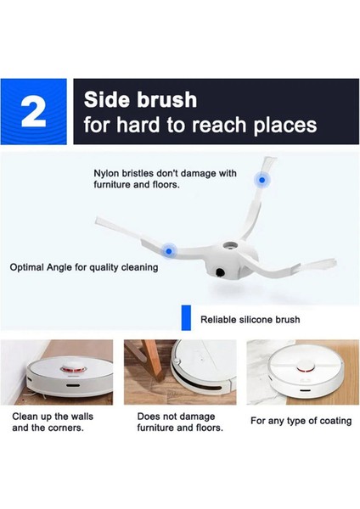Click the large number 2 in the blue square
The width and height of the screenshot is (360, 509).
coord(34,113)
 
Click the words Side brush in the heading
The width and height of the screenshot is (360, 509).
coord(140,99)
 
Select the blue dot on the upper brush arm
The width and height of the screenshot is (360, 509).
coord(262,180)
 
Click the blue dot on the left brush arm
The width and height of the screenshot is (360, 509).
coord(170,251)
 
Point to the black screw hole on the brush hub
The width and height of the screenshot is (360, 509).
coord(219,273)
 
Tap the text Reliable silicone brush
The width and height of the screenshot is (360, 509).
coord(250,320)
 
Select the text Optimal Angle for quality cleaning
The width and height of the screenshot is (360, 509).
coord(83,267)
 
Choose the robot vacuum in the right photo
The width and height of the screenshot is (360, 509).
coord(301,373)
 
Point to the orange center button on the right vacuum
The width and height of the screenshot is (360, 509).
coord(302,371)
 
